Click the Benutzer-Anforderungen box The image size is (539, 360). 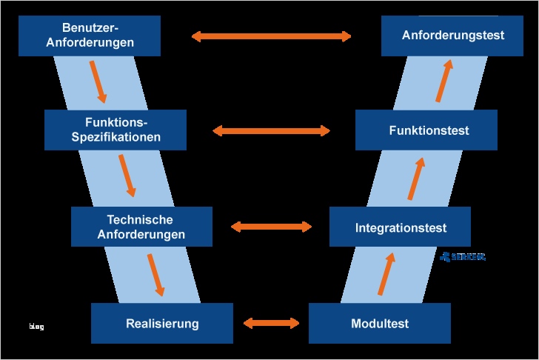click(x=90, y=36)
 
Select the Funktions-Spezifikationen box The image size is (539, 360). click(x=115, y=130)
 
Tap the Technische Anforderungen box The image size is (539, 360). click(x=141, y=227)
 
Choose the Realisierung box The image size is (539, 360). click(x=162, y=324)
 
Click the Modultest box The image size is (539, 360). click(x=379, y=324)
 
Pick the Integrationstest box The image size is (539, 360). click(x=400, y=227)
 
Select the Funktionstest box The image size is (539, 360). click(x=426, y=130)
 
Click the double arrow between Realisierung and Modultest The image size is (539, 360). click(x=271, y=323)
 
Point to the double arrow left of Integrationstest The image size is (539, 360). click(x=272, y=227)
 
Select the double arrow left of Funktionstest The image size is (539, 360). click(x=271, y=131)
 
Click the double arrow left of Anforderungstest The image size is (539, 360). click(x=271, y=36)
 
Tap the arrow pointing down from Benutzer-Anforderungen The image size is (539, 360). click(x=98, y=81)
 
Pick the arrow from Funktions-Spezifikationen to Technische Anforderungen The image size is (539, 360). click(x=127, y=176)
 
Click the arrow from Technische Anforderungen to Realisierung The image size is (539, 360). click(x=155, y=274)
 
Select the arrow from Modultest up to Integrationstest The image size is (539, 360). click(x=386, y=273)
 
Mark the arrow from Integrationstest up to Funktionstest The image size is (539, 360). click(x=416, y=178)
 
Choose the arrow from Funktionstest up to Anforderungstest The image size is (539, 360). click(x=443, y=81)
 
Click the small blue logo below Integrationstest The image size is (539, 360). click(x=463, y=257)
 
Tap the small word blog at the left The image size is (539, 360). click(x=36, y=326)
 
